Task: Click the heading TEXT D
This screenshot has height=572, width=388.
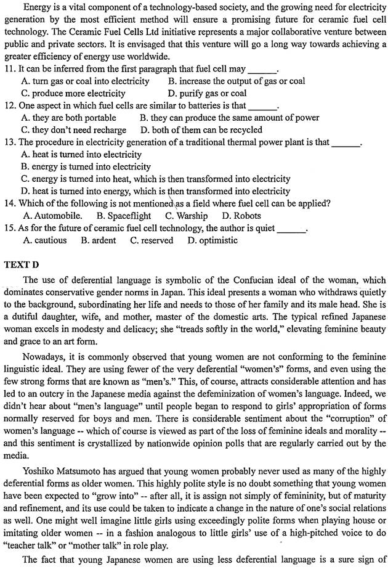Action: tap(22, 264)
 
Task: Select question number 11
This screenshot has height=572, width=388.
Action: tap(9, 69)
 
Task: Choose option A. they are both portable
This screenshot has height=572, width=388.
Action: tap(68, 118)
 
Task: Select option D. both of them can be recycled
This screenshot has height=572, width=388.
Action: tap(201, 130)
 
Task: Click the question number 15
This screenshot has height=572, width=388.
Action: tap(9, 228)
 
